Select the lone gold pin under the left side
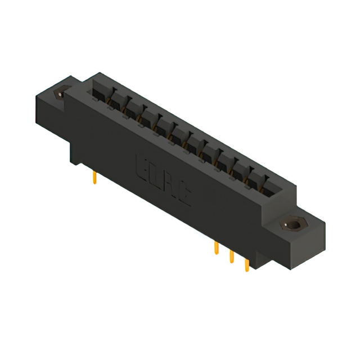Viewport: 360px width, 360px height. pos(94,178)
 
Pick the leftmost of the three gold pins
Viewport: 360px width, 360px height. pos(216,247)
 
